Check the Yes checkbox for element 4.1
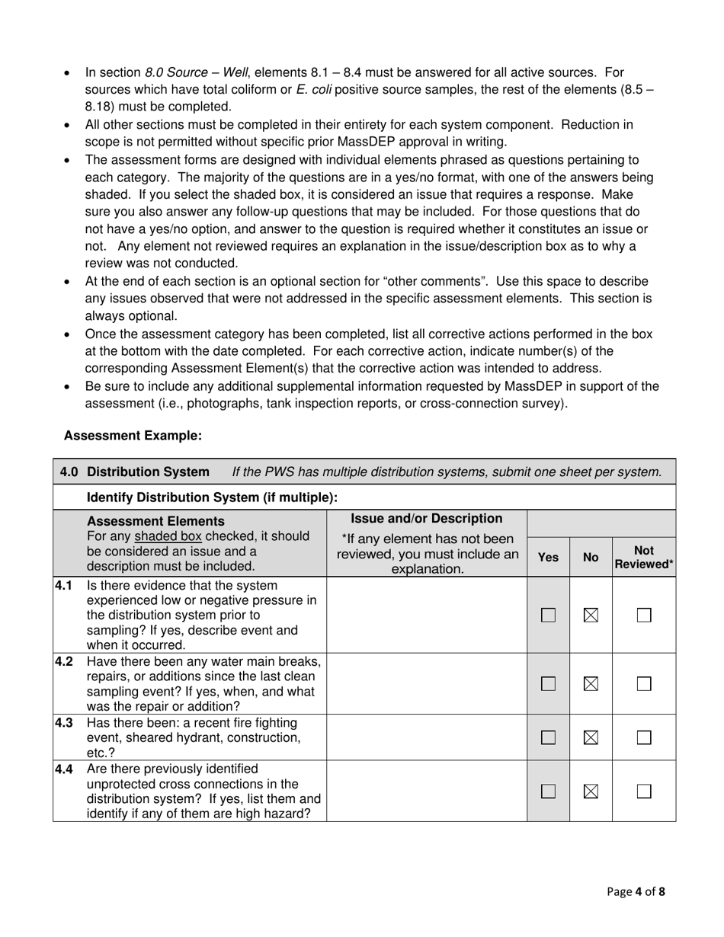coord(548,615)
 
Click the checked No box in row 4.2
coord(591,684)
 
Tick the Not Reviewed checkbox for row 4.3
coord(644,737)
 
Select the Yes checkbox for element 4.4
coord(548,791)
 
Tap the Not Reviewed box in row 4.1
coord(644,615)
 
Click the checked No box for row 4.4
coord(591,791)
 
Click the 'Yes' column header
coord(548,558)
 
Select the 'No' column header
coord(591,558)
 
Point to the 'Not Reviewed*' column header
coord(644,557)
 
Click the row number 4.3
coord(64,723)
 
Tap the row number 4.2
coord(64,660)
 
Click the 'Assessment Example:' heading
coord(133,436)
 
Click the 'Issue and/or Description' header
coord(427,519)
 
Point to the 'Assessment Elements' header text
coord(156,522)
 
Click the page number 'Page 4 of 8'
coord(636,891)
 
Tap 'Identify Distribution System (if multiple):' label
coord(213,497)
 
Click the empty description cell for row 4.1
coord(427,615)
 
